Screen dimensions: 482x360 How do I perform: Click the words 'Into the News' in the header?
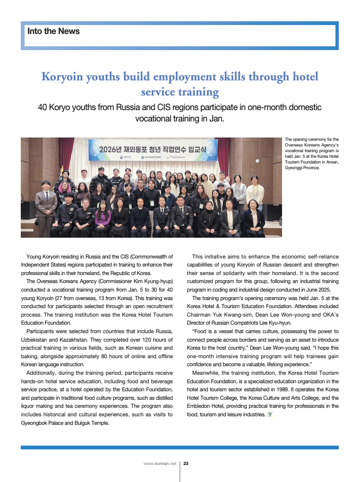click(x=53, y=32)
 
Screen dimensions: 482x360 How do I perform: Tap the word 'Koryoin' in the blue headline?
click(x=62, y=77)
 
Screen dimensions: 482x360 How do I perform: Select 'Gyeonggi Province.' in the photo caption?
click(x=302, y=167)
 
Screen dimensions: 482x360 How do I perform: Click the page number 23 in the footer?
click(x=186, y=464)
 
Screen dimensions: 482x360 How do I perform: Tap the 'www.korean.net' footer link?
click(x=160, y=464)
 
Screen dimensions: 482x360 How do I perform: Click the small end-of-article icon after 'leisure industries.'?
click(x=270, y=415)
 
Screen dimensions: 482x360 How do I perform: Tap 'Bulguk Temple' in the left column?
click(x=93, y=423)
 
